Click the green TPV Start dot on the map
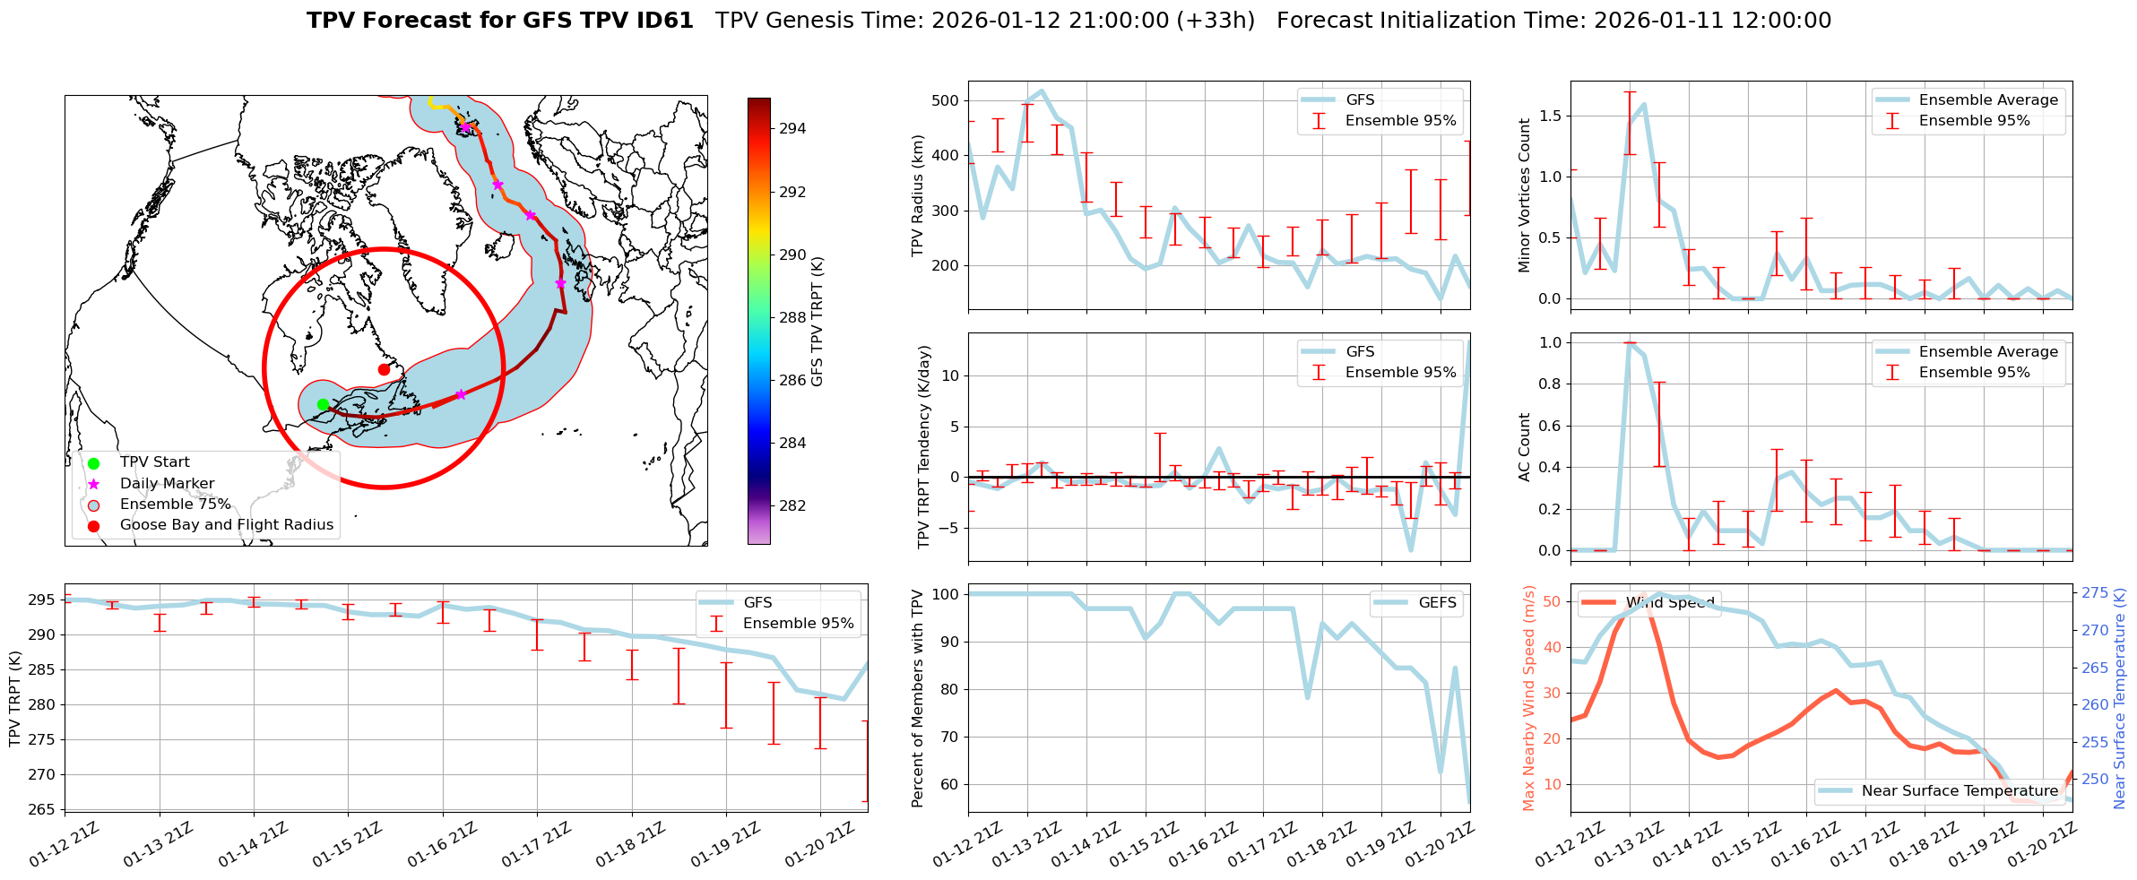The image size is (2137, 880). pyautogui.click(x=323, y=405)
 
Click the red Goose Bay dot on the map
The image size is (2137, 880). pyautogui.click(x=384, y=369)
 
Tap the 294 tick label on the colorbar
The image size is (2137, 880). pyautogui.click(x=792, y=128)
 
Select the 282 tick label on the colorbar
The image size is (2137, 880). pyautogui.click(x=792, y=505)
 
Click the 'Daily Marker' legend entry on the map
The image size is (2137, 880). pyautogui.click(x=167, y=484)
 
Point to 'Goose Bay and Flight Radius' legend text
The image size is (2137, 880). pyautogui.click(x=226, y=525)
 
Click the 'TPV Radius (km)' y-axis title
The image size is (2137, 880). pyautogui.click(x=917, y=195)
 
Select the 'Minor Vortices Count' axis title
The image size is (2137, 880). pyautogui.click(x=1524, y=195)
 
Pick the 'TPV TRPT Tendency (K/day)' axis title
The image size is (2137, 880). pyautogui.click(x=925, y=446)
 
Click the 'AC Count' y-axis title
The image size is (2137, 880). pyautogui.click(x=1524, y=446)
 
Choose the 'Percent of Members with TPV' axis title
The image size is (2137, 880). pyautogui.click(x=917, y=698)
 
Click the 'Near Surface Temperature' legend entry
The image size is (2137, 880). pyautogui.click(x=1960, y=790)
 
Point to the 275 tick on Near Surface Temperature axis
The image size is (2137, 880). pyautogui.click(x=2095, y=592)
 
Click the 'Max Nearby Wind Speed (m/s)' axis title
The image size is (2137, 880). pyautogui.click(x=1528, y=698)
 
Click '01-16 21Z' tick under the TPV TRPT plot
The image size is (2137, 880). pyautogui.click(x=440, y=845)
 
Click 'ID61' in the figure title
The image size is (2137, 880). pyautogui.click(x=663, y=21)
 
